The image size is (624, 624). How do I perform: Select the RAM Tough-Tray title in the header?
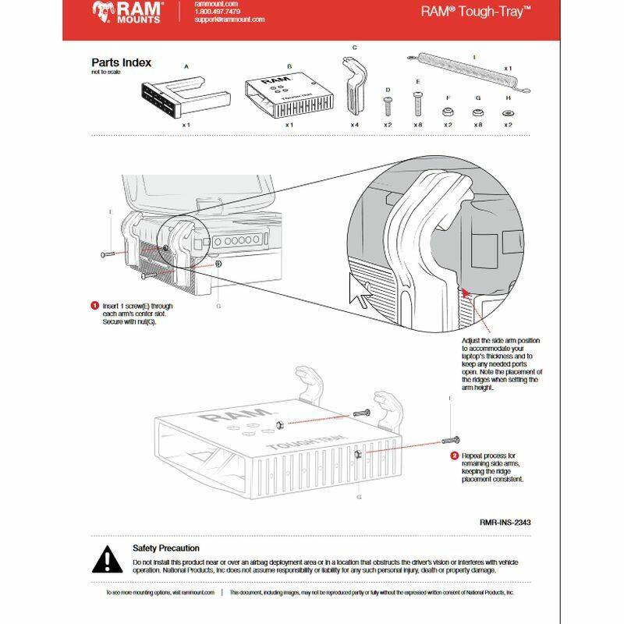(476, 12)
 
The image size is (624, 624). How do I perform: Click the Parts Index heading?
(121, 62)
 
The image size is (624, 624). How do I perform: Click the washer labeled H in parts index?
(508, 112)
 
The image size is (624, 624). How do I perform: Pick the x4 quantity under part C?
(354, 125)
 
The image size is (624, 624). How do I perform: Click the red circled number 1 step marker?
(94, 306)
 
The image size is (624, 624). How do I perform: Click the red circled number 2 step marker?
(454, 455)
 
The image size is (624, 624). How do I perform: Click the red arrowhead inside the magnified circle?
(466, 292)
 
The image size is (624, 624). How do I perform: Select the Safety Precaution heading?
(165, 548)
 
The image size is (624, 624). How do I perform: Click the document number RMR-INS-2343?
(512, 523)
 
